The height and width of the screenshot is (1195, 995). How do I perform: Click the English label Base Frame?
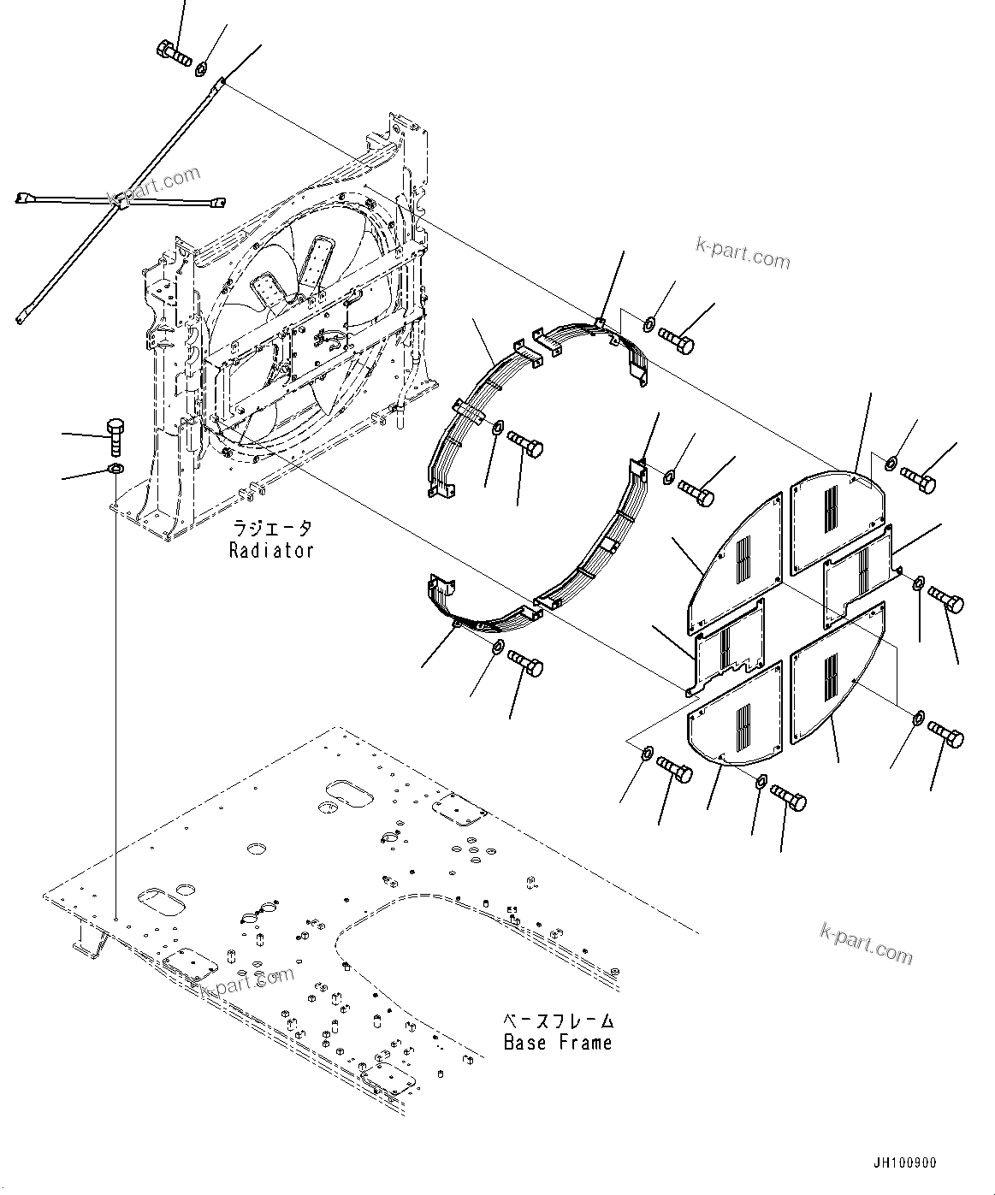pos(557,1042)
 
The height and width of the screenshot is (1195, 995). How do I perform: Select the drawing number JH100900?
pos(904,1163)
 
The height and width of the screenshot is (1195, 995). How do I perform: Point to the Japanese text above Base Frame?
pos(557,1020)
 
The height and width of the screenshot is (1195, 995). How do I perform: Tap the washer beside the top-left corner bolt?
pos(202,68)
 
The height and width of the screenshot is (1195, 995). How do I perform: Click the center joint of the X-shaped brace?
pos(121,204)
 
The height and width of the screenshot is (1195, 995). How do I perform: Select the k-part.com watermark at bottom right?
pos(866,942)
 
